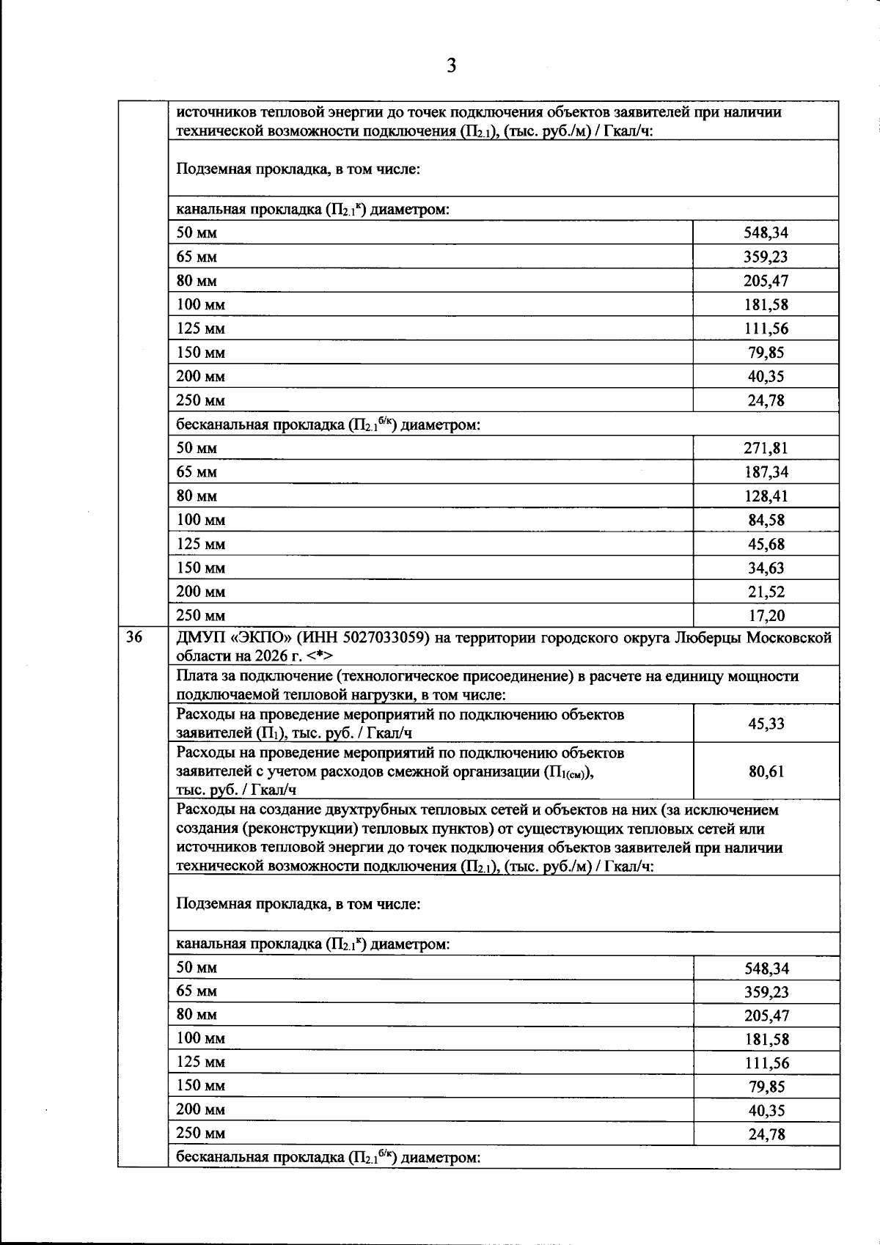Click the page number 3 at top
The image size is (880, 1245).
451,67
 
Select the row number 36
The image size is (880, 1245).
133,637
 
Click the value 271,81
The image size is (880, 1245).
766,448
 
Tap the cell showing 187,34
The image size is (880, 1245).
766,472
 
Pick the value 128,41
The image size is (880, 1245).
766,496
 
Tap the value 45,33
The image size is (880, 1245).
766,724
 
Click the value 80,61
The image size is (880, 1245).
766,771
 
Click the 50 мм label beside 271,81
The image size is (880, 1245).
197,448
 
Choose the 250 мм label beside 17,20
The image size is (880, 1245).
200,615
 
